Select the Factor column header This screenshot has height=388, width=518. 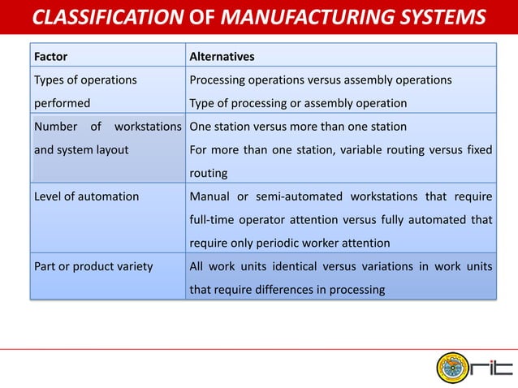[x=50, y=57]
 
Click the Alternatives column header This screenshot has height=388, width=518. [x=222, y=57]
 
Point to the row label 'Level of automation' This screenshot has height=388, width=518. [x=86, y=196]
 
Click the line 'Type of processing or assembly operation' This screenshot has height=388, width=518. [x=298, y=103]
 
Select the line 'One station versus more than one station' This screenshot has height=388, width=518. [x=298, y=127]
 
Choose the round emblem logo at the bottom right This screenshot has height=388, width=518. [x=453, y=364]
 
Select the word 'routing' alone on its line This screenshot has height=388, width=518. [x=209, y=173]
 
